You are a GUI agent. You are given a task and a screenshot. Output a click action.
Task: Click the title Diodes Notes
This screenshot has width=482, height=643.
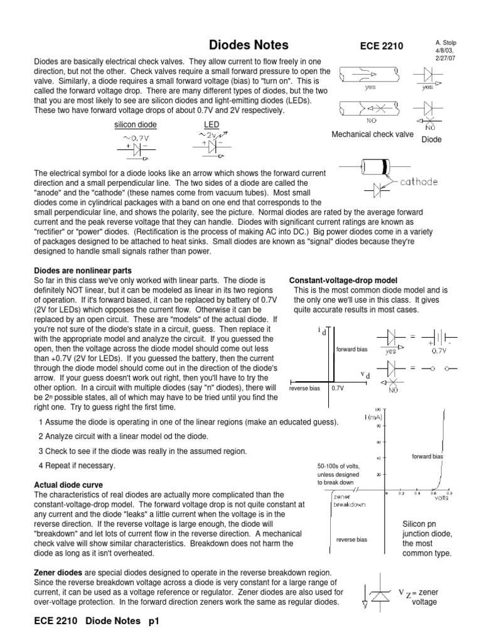[x=248, y=45]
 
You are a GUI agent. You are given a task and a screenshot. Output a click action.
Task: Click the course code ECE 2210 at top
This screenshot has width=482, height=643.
[x=382, y=46]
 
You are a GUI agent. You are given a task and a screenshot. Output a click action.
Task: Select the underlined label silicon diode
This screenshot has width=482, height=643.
[x=135, y=125]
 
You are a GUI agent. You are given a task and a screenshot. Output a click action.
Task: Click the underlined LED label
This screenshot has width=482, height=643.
[x=212, y=125]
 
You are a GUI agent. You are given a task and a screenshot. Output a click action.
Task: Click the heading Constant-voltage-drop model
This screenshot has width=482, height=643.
[x=343, y=279]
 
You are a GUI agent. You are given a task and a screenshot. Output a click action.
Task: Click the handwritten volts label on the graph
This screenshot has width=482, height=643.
[x=441, y=498]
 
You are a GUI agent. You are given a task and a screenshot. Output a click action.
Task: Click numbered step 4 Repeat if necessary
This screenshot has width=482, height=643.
[x=77, y=466]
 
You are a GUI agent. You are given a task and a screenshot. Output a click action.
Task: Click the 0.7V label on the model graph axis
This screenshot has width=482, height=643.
[x=338, y=388]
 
